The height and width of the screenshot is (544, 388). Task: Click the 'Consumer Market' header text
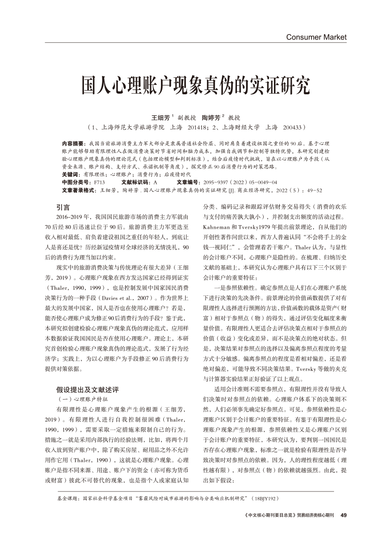[316, 37]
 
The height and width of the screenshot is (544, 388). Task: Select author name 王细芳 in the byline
[160, 117]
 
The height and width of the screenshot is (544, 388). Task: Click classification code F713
[99, 182]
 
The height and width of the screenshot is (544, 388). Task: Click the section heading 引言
[63, 207]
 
